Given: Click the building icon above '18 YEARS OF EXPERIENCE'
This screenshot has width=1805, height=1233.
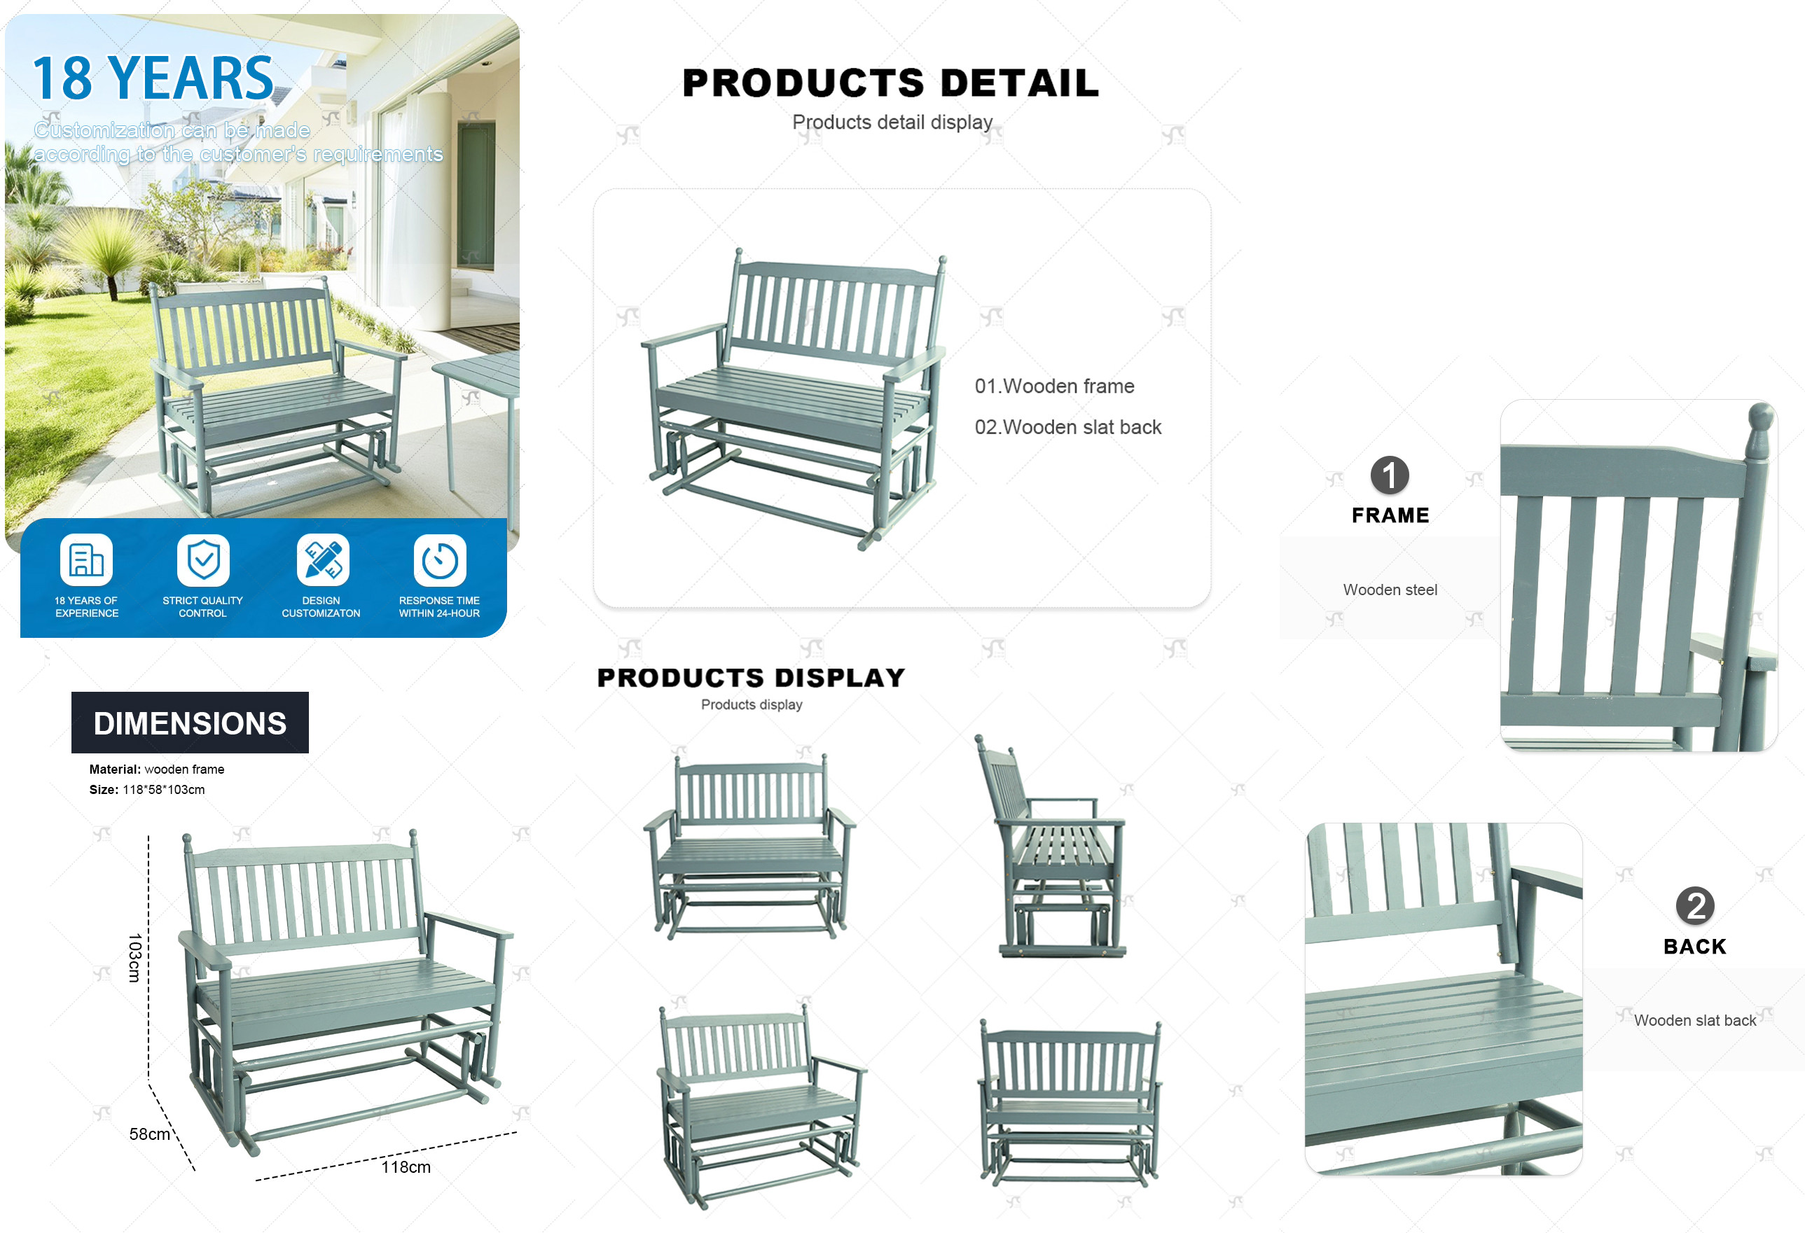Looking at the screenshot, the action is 86,560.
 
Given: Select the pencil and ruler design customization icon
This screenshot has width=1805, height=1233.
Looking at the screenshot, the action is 323,560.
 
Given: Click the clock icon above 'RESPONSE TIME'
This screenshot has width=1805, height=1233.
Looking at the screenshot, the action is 440,560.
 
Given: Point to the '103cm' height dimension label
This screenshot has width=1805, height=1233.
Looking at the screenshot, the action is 134,957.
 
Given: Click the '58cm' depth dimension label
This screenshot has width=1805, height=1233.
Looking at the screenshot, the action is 149,1134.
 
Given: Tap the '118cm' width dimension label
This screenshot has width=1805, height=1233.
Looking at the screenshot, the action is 406,1166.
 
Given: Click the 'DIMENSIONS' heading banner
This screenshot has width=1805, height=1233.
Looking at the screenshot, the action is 191,723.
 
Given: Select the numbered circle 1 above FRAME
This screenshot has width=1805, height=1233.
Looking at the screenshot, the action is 1390,475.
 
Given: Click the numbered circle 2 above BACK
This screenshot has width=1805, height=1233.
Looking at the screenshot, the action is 1696,906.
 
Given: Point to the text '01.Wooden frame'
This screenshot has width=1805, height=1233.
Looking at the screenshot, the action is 1054,386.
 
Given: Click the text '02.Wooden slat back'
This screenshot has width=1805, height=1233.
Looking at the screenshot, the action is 1068,427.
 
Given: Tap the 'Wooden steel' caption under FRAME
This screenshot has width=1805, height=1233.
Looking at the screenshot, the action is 1390,590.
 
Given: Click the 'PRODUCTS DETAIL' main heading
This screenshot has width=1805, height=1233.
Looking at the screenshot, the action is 891,83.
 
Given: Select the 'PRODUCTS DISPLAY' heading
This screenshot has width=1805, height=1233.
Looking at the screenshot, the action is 751,678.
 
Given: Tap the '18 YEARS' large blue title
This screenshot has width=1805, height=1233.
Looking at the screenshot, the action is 153,78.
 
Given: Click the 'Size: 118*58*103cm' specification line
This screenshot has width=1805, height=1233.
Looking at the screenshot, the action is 147,790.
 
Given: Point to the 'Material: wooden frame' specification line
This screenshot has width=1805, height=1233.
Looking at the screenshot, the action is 157,769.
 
